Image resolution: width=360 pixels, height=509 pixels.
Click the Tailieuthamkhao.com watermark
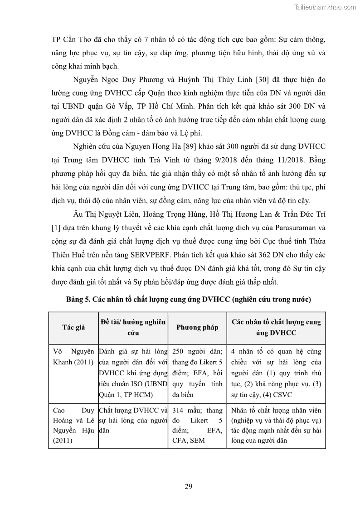click(x=325, y=7)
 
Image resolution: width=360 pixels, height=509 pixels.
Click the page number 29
click(x=189, y=487)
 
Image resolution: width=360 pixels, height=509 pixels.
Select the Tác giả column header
click(x=73, y=327)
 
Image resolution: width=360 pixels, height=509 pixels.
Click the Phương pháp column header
click(x=197, y=327)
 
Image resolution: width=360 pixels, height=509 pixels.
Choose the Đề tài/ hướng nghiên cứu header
click(x=132, y=327)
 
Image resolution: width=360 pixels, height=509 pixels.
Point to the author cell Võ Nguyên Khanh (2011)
click(x=73, y=357)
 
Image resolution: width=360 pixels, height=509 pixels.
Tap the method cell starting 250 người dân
click(x=197, y=373)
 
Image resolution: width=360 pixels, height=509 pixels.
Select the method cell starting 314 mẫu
click(x=197, y=425)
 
